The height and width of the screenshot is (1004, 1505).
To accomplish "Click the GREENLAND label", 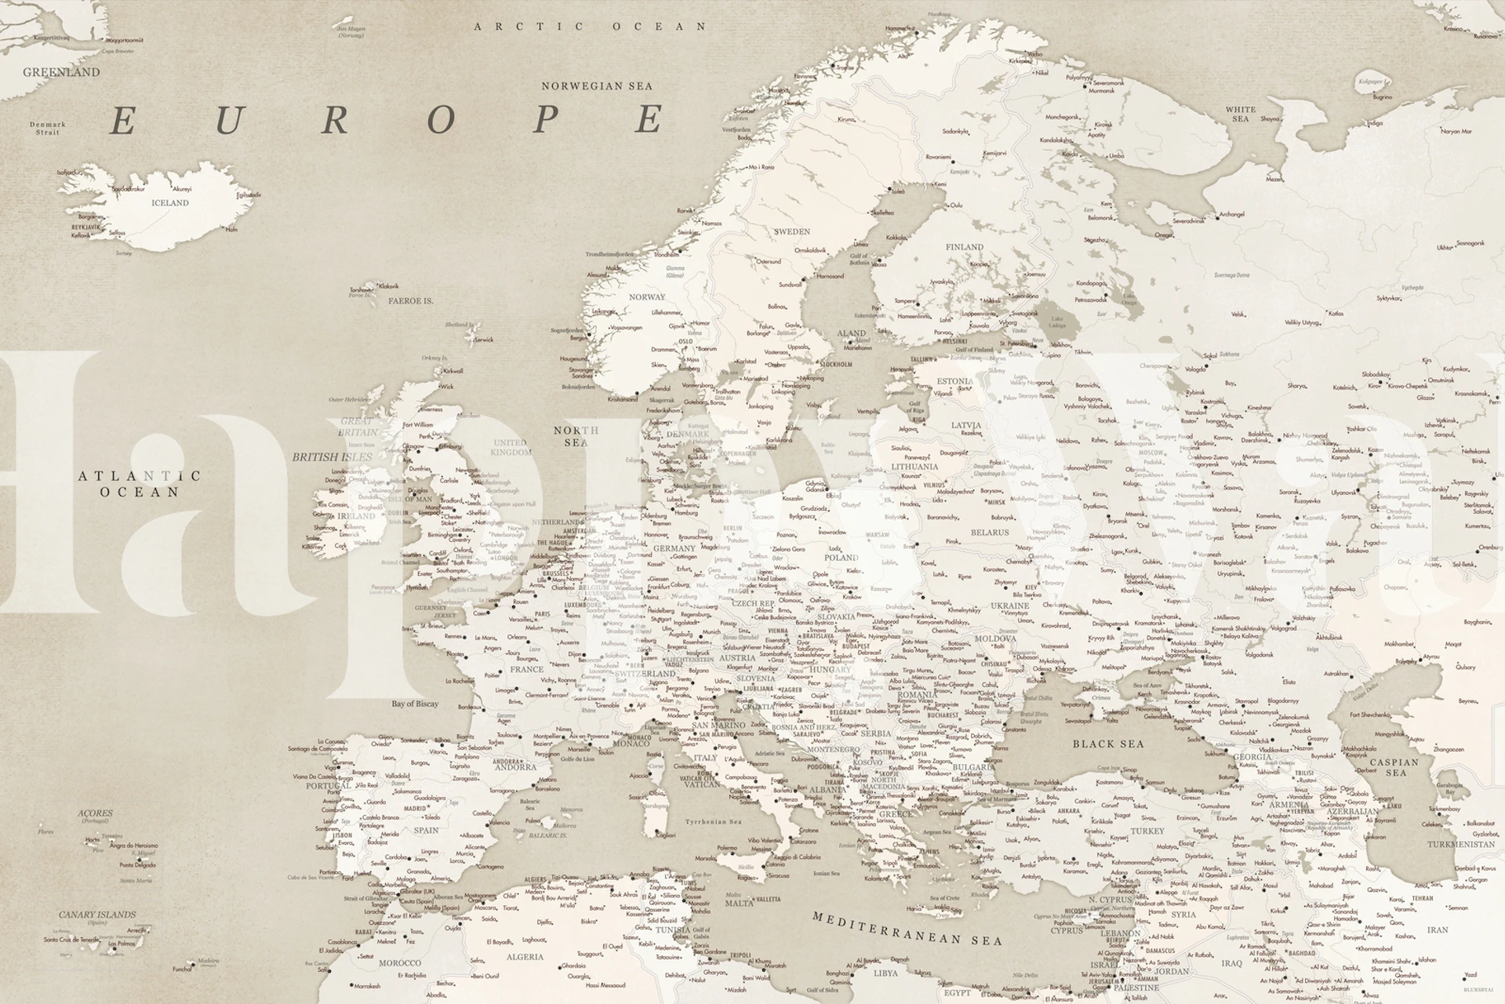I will click(x=61, y=72).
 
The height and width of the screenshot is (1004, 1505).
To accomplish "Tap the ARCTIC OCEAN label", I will click(x=591, y=27).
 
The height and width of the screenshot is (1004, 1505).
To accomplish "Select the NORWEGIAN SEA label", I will click(x=597, y=86).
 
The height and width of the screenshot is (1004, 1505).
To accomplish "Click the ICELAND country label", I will click(x=170, y=203).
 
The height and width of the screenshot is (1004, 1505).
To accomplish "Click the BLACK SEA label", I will click(x=1108, y=744).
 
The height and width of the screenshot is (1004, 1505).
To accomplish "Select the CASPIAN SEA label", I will click(x=1394, y=767).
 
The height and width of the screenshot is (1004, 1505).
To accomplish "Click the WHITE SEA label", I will click(x=1240, y=114).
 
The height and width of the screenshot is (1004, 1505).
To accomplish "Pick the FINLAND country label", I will click(x=964, y=247).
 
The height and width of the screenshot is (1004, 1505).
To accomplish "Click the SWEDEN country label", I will click(x=791, y=232).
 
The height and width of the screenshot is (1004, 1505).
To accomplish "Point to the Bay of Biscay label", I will click(x=415, y=704).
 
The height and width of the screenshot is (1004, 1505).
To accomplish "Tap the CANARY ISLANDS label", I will click(x=97, y=915).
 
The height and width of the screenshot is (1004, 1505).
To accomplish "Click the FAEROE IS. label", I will click(x=411, y=301).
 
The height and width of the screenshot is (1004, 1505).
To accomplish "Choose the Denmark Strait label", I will click(x=48, y=128).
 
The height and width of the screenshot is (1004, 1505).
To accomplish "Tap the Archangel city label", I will click(x=1231, y=214).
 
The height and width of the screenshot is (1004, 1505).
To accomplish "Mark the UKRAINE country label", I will click(x=1009, y=606).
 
